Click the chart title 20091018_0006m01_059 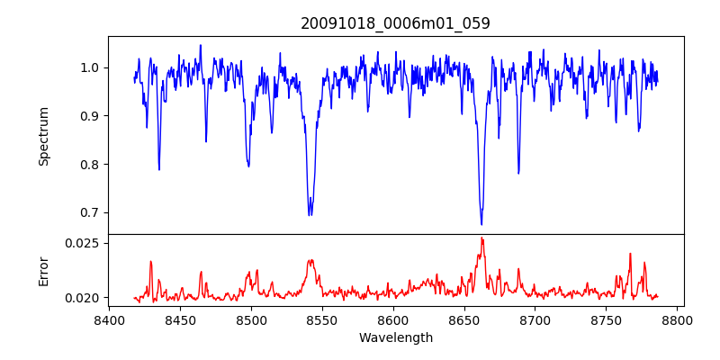(x=395, y=23)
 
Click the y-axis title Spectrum (x=43, y=136)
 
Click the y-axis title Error (x=43, y=270)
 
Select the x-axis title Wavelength (x=395, y=338)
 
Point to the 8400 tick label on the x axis (x=109, y=320)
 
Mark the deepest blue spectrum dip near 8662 (x=481, y=224)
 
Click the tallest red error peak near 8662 (x=482, y=238)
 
